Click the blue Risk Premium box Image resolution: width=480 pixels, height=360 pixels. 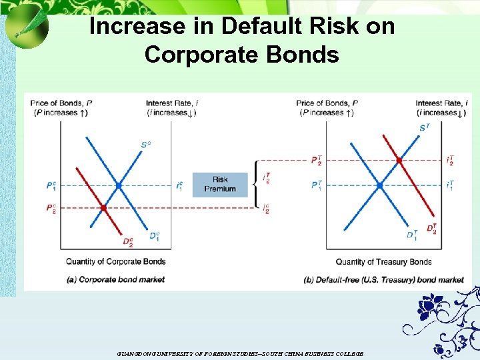220,184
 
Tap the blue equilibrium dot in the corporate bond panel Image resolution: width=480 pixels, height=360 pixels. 119,185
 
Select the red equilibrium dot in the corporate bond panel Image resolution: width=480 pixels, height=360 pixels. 103,208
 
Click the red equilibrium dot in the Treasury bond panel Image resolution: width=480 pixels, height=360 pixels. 399,160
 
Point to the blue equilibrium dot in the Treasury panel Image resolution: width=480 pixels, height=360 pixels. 379,185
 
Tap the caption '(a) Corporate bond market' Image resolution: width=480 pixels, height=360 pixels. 116,279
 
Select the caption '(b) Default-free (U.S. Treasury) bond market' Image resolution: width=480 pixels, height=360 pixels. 383,279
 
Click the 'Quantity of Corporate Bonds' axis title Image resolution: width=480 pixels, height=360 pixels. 115,262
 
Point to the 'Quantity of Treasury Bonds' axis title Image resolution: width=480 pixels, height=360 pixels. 383,262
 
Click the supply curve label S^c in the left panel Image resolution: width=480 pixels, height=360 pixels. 145,144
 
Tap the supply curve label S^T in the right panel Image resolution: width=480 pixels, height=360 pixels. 424,127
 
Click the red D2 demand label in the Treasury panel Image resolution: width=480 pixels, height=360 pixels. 431,230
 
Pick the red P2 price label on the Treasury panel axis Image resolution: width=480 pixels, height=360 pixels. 316,161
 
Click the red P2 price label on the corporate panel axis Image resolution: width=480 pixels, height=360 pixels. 51,209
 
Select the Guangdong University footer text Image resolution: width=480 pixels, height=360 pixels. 239,353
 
